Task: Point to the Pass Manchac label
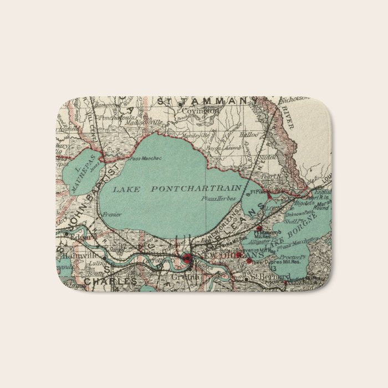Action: pos(146,159)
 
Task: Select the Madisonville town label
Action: pos(145,122)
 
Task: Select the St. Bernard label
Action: pos(270,275)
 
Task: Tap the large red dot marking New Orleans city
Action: pos(187,258)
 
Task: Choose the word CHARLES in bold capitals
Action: pos(111,282)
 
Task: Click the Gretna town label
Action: pos(185,277)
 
